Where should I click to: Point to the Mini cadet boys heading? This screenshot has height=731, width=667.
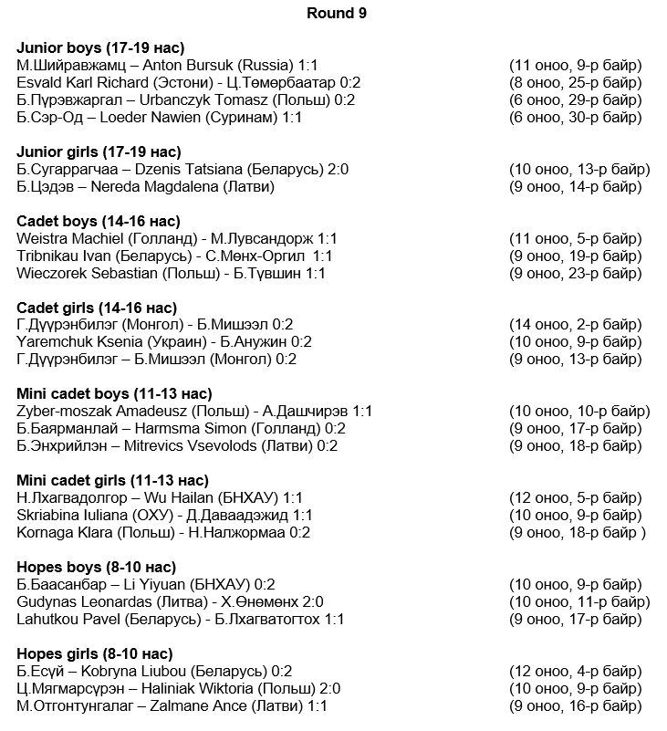pos(115,394)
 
